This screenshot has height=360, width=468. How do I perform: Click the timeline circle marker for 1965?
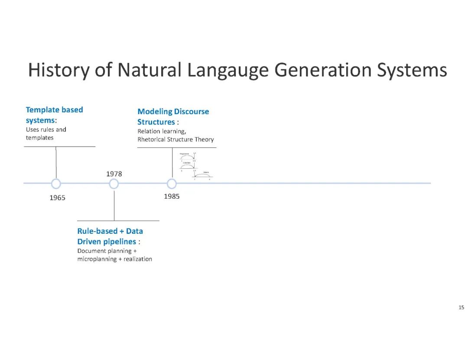(x=56, y=184)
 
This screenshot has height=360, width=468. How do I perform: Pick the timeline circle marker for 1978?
(x=114, y=184)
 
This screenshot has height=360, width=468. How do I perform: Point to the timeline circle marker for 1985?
(x=172, y=184)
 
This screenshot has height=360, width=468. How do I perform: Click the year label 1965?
(x=57, y=198)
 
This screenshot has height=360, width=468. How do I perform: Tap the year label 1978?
(x=114, y=174)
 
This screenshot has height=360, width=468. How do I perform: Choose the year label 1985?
(x=172, y=196)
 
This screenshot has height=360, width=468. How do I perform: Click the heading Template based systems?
(x=54, y=115)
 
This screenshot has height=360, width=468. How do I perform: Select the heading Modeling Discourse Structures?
(x=173, y=117)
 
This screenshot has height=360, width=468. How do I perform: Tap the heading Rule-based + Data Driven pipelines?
(x=110, y=236)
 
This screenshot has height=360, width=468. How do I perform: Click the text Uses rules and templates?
(x=45, y=134)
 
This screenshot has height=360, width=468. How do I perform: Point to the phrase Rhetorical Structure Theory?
(x=175, y=140)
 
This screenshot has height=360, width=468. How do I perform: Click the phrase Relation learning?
(x=162, y=131)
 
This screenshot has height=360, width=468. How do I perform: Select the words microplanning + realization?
(x=114, y=259)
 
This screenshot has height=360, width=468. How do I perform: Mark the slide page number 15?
(x=461, y=308)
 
